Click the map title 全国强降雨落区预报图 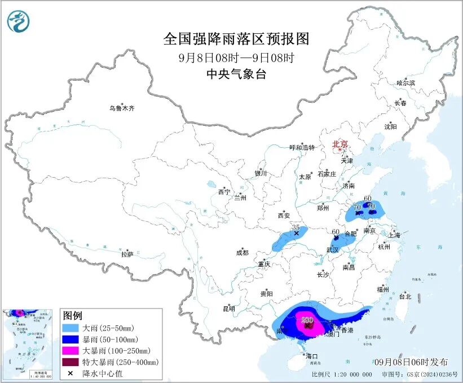(237, 39)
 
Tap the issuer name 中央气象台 (237, 74)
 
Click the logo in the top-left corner (19, 21)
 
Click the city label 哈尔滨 (405, 83)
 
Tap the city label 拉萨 (127, 254)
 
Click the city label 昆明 (228, 308)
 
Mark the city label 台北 (405, 296)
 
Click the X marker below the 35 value (297, 232)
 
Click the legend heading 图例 (73, 315)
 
